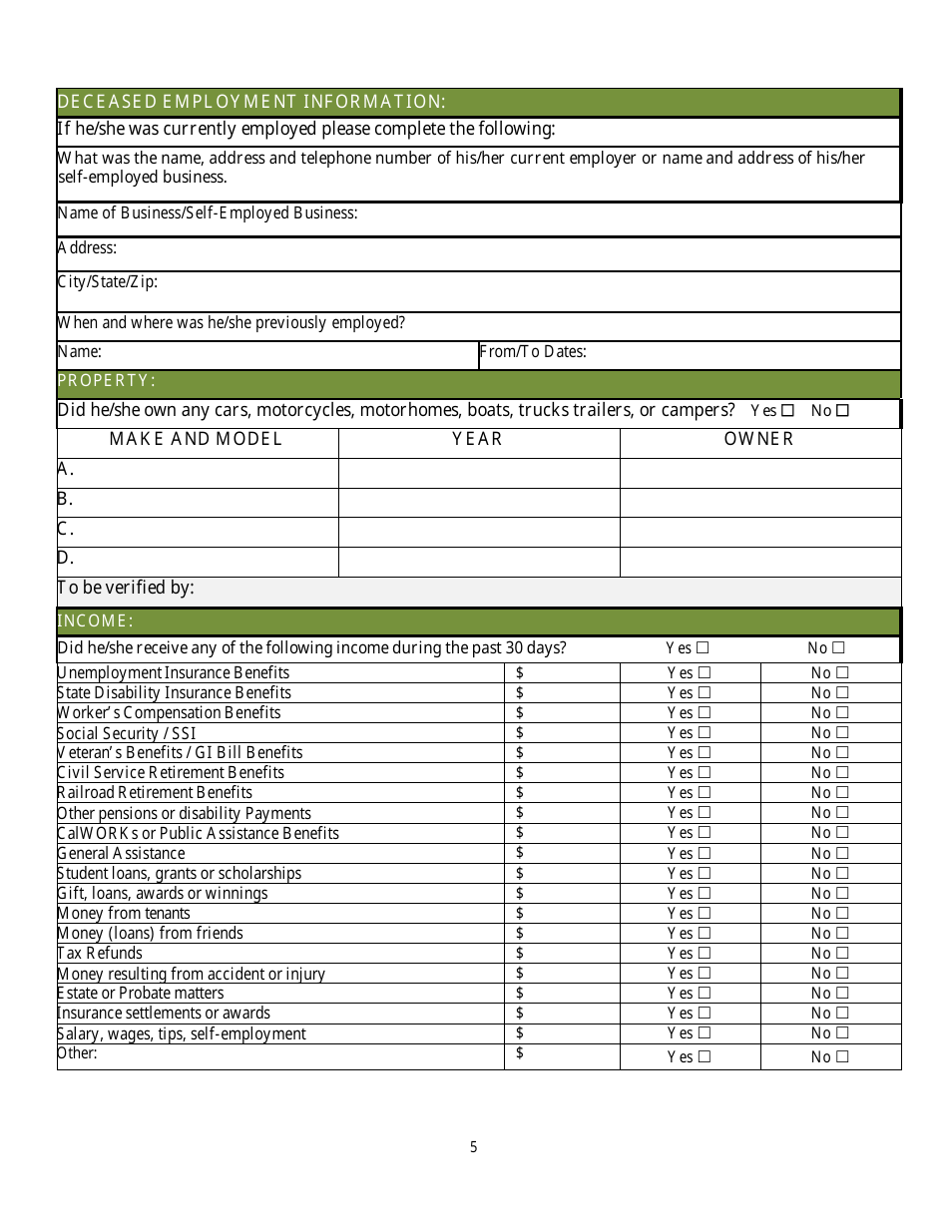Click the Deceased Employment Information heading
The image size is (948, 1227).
pyautogui.click(x=251, y=102)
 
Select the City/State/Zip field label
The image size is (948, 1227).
pyautogui.click(x=108, y=282)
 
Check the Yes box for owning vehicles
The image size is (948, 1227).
pyautogui.click(x=788, y=411)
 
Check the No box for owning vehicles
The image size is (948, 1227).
pyautogui.click(x=842, y=411)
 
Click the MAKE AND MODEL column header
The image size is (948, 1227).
pyautogui.click(x=197, y=439)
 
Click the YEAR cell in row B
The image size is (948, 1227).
pyautogui.click(x=479, y=502)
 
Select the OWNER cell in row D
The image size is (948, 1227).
pyautogui.click(x=760, y=562)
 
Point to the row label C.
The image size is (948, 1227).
pyautogui.click(x=66, y=530)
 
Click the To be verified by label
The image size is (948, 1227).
pyautogui.click(x=126, y=589)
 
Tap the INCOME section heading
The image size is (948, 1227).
pyautogui.click(x=96, y=621)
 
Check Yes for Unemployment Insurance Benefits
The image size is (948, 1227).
pyautogui.click(x=705, y=673)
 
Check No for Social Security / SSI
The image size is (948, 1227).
pyautogui.click(x=843, y=733)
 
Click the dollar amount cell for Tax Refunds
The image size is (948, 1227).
pyautogui.click(x=562, y=954)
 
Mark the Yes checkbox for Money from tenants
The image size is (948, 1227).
pyautogui.click(x=705, y=914)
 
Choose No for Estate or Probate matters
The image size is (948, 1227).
pyautogui.click(x=843, y=994)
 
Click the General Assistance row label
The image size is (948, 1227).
pyautogui.click(x=121, y=854)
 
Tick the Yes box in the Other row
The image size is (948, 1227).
pyautogui.click(x=705, y=1057)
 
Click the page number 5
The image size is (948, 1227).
pyautogui.click(x=474, y=1147)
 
